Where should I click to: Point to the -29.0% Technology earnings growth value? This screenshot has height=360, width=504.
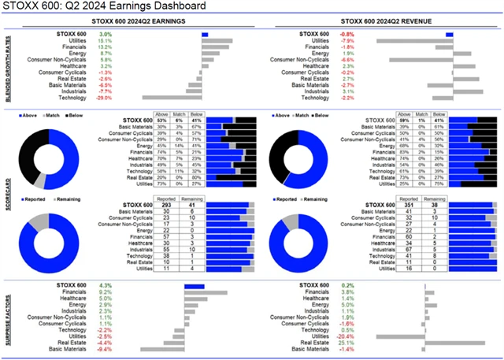[104, 97]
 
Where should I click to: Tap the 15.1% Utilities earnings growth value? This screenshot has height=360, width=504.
[106, 41]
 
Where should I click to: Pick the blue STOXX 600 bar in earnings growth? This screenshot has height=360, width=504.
[205, 35]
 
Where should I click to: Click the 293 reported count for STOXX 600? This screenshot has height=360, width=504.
[165, 204]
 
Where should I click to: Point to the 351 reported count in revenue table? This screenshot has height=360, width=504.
[407, 204]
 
